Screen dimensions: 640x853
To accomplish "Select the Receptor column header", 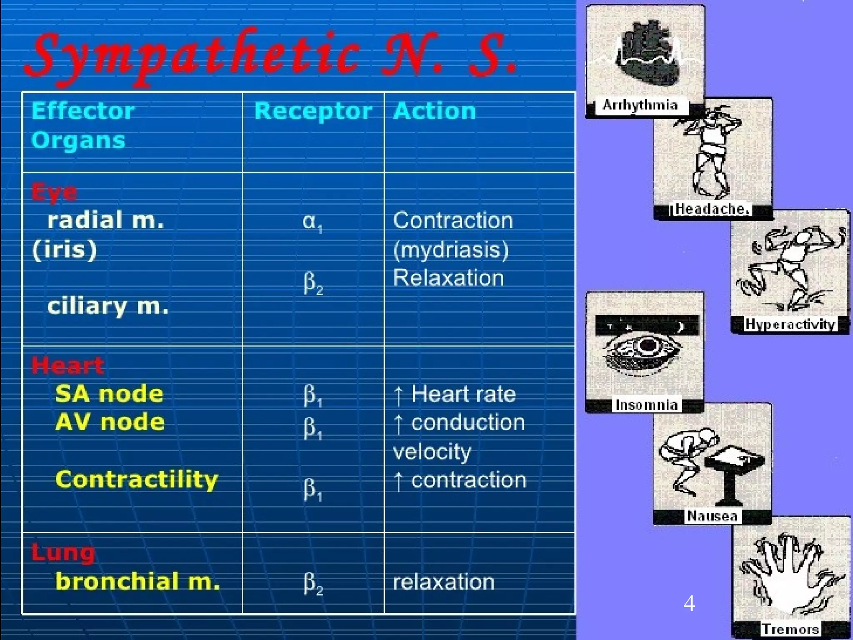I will pyautogui.click(x=313, y=111).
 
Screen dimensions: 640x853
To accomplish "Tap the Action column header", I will pyautogui.click(x=434, y=111).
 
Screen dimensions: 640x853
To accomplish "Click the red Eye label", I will pyautogui.click(x=54, y=193).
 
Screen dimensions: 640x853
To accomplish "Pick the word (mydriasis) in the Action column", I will pyautogui.click(x=451, y=250).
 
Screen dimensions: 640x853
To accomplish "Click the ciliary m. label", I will pyautogui.click(x=108, y=307).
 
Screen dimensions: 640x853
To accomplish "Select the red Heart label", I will pyautogui.click(x=67, y=366).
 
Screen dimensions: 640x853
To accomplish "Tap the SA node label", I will pyautogui.click(x=109, y=394).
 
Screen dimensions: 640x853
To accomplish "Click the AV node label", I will pyautogui.click(x=110, y=422).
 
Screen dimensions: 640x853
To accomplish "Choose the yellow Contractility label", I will pyautogui.click(x=137, y=480).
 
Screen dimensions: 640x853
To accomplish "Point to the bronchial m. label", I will pyautogui.click(x=137, y=582).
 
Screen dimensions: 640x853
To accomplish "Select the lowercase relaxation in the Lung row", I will pyautogui.click(x=444, y=582).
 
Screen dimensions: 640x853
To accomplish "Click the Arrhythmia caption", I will pyautogui.click(x=640, y=105).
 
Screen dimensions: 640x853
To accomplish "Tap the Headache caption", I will pyautogui.click(x=712, y=209).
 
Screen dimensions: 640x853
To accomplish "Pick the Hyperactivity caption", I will pyautogui.click(x=790, y=324).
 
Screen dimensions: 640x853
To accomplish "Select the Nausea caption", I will pyautogui.click(x=712, y=516).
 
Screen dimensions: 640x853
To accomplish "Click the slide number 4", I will pyautogui.click(x=689, y=603).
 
